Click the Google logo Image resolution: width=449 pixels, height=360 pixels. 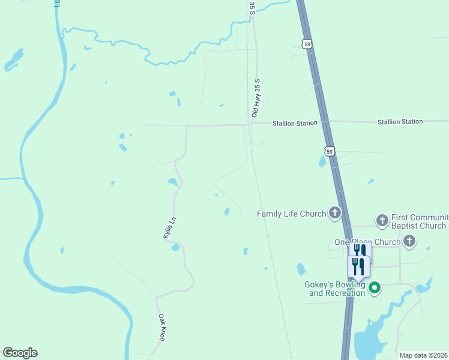pos(20,353)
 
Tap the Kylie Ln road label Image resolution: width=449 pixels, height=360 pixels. pos(169,229)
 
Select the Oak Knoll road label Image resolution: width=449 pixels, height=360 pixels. pos(161,328)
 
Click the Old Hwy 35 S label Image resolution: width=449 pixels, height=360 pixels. pos(256,97)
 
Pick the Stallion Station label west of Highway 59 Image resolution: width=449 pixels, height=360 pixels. pos(294,123)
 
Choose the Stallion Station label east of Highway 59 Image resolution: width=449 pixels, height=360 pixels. pos(400,122)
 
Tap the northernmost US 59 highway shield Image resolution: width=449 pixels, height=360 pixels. pos(307,44)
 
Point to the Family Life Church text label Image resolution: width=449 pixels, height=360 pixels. pos(291,214)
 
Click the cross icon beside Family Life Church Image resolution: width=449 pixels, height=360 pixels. pos(334,213)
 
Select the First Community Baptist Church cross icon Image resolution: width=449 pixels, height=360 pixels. pos(382,221)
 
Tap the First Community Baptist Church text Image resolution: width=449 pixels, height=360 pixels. pos(419,221)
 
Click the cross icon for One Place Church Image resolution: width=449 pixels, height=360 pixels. pos(409,242)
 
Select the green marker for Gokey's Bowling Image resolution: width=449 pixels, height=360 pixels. pos(375,289)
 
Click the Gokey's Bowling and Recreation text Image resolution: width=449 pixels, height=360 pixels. pos(337,289)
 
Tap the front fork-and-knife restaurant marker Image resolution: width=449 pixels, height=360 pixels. pos(358,267)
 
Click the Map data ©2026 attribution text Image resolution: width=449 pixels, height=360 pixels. pos(423,355)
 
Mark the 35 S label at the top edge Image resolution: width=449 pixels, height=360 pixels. pos(252,7)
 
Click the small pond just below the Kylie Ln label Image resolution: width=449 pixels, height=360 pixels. pos(175,247)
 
